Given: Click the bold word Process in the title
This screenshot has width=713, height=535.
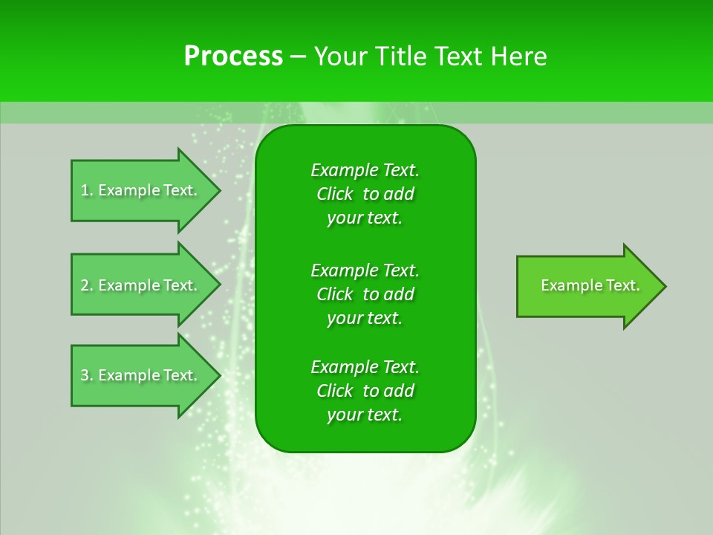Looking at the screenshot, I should (x=233, y=56).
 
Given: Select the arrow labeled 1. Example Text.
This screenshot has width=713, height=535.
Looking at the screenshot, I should (x=141, y=190).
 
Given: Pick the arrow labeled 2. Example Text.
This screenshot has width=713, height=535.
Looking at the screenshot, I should (x=141, y=285).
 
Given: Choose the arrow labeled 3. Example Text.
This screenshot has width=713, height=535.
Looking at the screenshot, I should (x=141, y=375).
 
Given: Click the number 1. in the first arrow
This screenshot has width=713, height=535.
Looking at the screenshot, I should (x=87, y=190).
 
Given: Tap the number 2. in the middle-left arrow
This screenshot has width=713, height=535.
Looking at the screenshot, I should (x=87, y=285).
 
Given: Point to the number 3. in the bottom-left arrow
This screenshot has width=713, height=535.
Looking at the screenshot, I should (x=87, y=375).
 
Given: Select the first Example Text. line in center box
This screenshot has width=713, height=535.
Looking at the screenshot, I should (x=365, y=170).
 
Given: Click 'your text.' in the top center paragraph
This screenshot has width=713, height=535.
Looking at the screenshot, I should (x=365, y=218).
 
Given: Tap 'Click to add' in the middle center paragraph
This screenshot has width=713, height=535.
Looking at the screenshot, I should (x=365, y=294).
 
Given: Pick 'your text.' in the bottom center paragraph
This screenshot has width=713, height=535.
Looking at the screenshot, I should (x=365, y=415).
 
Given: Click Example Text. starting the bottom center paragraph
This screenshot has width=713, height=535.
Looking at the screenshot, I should (x=365, y=367).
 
